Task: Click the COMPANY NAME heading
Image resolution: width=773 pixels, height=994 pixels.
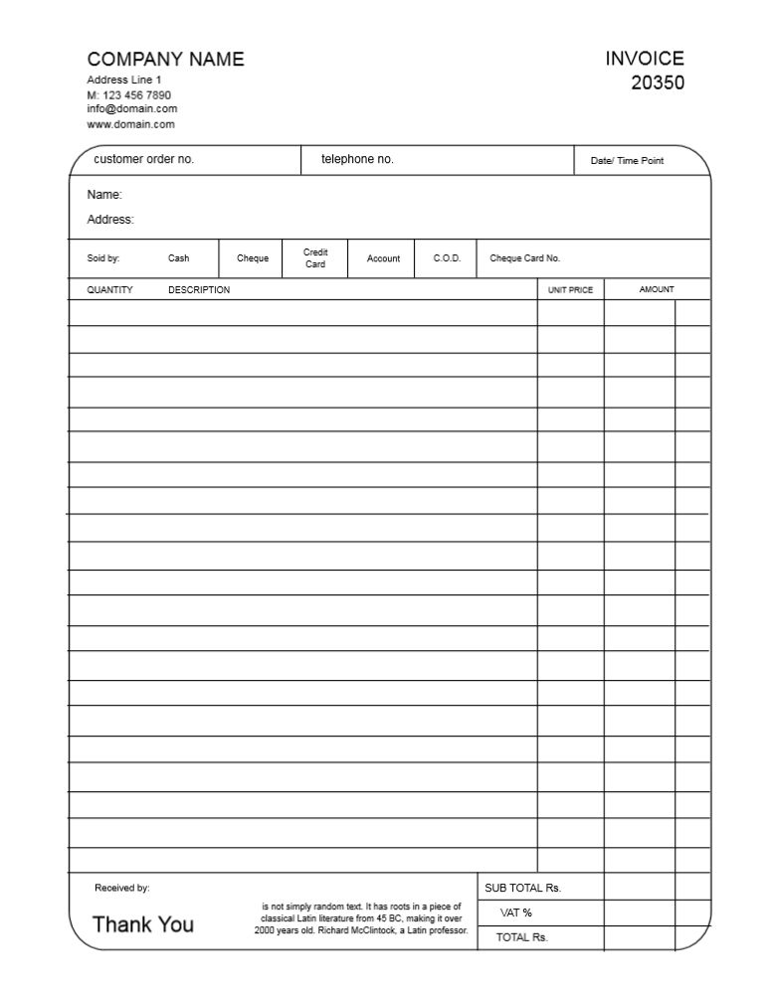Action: coord(165,60)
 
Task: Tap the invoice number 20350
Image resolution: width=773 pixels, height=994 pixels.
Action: coord(658,83)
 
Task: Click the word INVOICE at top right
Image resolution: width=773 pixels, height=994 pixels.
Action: coord(645,59)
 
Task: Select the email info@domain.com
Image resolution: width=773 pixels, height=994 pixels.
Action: coord(132,108)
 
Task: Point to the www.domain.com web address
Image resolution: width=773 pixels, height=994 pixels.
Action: coord(130,124)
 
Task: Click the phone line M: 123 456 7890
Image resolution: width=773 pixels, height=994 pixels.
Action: coord(128,94)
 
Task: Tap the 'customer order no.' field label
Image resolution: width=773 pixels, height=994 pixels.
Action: coord(143,159)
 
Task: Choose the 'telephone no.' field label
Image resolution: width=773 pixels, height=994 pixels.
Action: coord(357,159)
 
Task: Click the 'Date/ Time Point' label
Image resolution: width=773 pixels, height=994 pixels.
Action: coord(627,161)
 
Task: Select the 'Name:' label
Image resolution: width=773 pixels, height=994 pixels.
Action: coord(104,195)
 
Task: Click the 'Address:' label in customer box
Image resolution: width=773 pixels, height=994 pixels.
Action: coord(110,220)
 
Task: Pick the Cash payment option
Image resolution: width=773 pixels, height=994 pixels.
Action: coord(178,258)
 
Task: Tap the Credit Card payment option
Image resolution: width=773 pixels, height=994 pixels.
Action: coord(315,258)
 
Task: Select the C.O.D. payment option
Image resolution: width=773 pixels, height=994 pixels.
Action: coord(447,258)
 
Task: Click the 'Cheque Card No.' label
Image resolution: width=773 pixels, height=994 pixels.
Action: coord(525,258)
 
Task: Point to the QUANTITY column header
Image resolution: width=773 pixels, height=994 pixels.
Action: coord(109,290)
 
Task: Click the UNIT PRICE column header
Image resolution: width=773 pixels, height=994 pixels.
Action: coord(570,290)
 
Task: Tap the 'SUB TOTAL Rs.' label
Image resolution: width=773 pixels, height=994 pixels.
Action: coord(523,888)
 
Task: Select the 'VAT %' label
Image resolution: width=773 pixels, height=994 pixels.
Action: coord(516,912)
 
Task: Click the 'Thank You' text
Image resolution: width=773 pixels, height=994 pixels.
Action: coord(143,924)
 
